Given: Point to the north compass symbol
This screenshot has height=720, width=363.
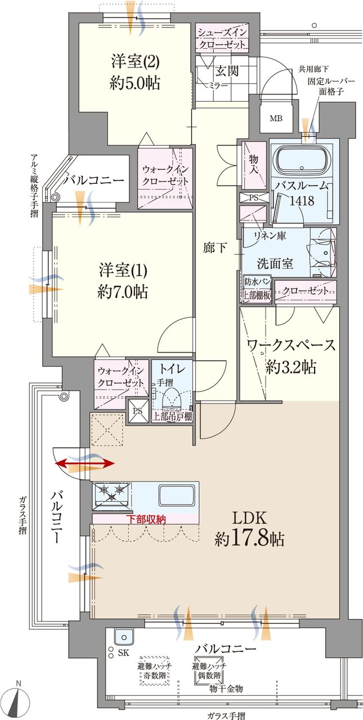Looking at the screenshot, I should point(21,701).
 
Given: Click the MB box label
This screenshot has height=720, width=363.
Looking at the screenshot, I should point(276,119).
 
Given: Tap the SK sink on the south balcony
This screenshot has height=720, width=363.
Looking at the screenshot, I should point(123,637).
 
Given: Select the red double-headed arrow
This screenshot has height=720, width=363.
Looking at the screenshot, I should point(86,463).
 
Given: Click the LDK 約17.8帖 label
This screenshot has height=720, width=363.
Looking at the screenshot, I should point(249,529).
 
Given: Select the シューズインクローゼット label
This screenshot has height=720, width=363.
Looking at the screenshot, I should point(221,38).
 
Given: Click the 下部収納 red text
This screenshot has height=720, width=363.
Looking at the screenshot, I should point(146,519).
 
